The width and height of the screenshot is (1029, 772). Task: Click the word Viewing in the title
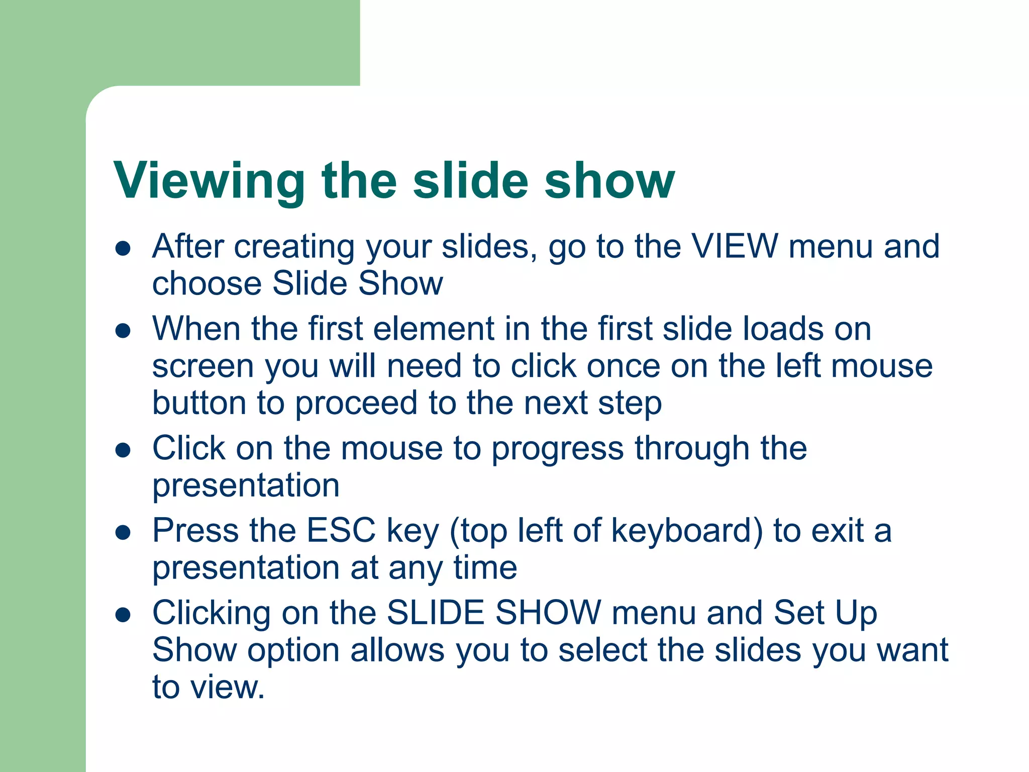click(x=209, y=181)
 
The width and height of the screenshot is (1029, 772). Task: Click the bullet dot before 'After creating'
click(x=123, y=248)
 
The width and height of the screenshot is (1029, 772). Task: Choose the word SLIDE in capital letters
click(x=435, y=613)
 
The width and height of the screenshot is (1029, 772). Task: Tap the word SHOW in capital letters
click(x=548, y=613)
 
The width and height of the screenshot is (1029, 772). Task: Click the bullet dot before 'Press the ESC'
click(x=123, y=532)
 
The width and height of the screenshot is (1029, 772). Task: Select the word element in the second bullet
click(x=434, y=329)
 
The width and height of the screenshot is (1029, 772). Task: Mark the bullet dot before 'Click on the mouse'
click(x=123, y=450)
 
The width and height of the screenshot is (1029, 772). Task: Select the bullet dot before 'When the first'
click(x=123, y=331)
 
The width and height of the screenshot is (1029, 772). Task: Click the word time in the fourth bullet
click(x=485, y=568)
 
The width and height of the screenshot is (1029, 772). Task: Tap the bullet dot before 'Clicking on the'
click(x=123, y=615)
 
